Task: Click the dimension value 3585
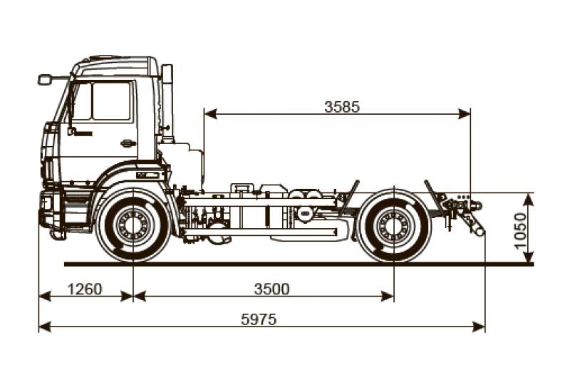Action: coord(342,107)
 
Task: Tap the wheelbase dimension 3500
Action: coord(271,289)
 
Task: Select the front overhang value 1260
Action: coord(85,289)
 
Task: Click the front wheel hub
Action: coord(133,225)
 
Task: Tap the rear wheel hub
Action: coord(394,225)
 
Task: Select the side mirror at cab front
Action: coord(45,79)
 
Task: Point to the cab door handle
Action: coord(128,143)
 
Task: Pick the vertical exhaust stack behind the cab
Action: coord(167,100)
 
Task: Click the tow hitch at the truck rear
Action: coord(470,217)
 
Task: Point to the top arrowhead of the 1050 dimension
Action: coord(529,197)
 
